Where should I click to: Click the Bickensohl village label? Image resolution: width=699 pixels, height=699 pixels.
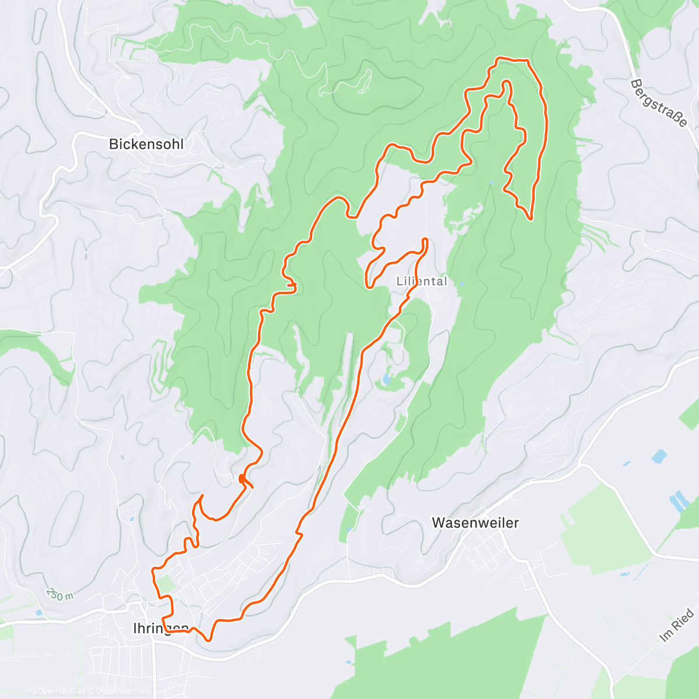coord(146,144)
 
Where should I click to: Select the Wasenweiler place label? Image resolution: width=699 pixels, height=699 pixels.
coord(475,523)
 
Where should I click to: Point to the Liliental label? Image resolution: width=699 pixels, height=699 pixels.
coord(422,281)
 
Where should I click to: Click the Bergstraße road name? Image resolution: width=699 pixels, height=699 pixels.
coord(659,104)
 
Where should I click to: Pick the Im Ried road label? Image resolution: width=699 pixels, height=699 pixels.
coord(677,625)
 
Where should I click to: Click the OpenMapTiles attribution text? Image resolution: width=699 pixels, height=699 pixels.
coord(57,692)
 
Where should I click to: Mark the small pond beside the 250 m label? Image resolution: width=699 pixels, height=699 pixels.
coord(38,612)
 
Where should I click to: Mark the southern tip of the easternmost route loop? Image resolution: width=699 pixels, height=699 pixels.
coord(530,218)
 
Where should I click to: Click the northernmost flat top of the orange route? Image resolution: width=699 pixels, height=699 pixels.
coord(511,59)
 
